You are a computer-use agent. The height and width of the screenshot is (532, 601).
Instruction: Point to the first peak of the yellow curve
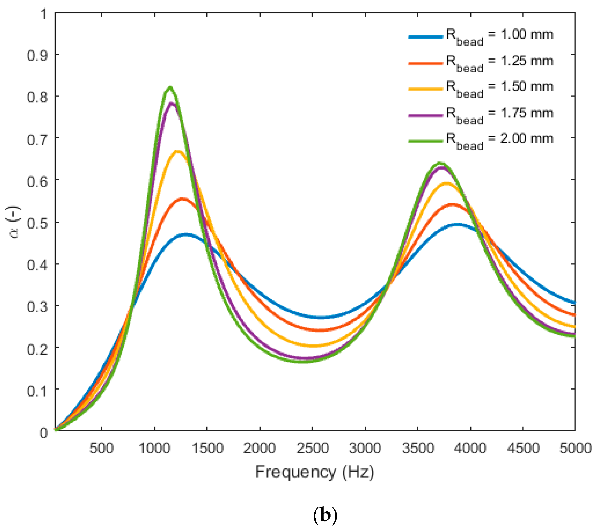click(x=178, y=151)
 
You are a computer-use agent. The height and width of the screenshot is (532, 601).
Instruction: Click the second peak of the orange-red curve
click(x=453, y=205)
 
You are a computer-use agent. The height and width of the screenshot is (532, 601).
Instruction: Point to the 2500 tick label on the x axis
click(x=313, y=448)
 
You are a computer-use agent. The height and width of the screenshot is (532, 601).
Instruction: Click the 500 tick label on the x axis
click(x=101, y=448)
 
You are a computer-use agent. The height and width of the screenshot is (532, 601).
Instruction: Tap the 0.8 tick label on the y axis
click(x=37, y=97)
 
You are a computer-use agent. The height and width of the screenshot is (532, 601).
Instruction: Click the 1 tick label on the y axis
click(x=43, y=14)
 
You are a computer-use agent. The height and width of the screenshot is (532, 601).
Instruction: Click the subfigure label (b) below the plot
click(x=325, y=515)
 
